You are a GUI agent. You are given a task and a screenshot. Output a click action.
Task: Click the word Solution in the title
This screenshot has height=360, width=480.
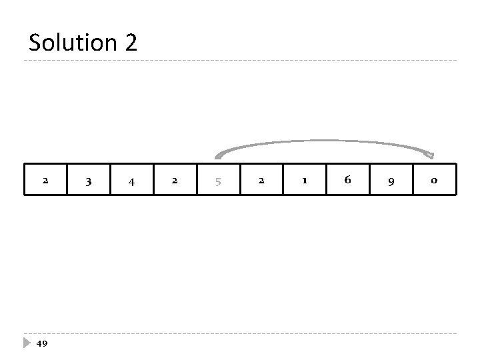click(72, 43)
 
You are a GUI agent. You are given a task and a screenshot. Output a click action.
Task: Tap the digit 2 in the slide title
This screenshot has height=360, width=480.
click(130, 43)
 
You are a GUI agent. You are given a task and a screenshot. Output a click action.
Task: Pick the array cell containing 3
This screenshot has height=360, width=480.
click(88, 180)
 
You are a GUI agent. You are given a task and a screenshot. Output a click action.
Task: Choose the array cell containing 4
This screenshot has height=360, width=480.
click(131, 180)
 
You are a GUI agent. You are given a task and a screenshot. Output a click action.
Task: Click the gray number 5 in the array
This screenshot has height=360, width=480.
click(218, 180)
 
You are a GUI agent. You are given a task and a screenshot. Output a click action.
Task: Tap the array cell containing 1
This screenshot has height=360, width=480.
click(305, 180)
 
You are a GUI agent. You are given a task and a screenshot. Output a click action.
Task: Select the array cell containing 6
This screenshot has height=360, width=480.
click(347, 180)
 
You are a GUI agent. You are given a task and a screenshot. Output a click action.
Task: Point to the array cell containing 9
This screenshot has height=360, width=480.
click(391, 180)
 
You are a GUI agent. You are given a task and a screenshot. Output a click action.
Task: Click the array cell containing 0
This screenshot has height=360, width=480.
click(434, 180)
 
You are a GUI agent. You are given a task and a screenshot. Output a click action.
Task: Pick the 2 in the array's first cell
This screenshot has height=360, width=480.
click(45, 180)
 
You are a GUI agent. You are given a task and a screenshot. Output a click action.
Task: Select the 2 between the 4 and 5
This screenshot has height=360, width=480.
click(175, 180)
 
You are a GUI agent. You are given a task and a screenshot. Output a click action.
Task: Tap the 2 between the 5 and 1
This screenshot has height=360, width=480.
click(261, 180)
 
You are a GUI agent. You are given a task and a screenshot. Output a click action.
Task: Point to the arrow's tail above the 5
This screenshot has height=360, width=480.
click(217, 157)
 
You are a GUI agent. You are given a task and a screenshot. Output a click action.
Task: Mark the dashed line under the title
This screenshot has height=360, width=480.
click(240, 61)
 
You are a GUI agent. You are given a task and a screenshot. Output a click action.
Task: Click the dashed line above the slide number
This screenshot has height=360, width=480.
click(240, 333)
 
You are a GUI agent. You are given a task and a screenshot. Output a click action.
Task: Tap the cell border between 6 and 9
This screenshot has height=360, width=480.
click(370, 180)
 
